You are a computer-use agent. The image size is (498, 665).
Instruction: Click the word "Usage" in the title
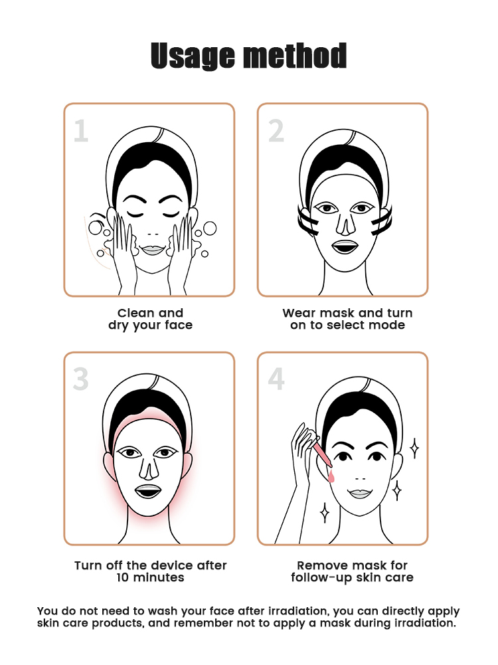point(193,56)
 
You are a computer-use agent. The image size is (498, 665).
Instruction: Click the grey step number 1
point(81,131)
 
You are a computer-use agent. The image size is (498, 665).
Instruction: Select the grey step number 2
point(276,131)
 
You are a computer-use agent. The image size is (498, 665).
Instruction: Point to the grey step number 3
point(80,379)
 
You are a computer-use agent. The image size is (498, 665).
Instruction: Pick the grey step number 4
point(276,379)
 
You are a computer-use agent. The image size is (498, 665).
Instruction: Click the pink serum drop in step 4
point(331,477)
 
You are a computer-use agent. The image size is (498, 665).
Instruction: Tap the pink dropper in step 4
point(321,453)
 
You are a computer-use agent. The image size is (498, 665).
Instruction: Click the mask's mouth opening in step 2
point(345,247)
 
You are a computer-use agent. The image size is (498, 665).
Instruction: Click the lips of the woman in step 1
point(153,250)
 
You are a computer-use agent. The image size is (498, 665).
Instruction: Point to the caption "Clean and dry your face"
point(151,319)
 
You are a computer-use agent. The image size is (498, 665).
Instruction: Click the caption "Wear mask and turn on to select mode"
point(347,319)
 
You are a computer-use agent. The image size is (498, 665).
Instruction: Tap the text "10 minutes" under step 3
point(151,577)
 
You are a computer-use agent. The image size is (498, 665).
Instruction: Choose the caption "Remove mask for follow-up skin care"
point(352,571)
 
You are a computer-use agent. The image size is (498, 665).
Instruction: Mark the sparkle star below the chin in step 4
point(324,513)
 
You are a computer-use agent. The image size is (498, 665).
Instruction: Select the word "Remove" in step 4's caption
point(321,565)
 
